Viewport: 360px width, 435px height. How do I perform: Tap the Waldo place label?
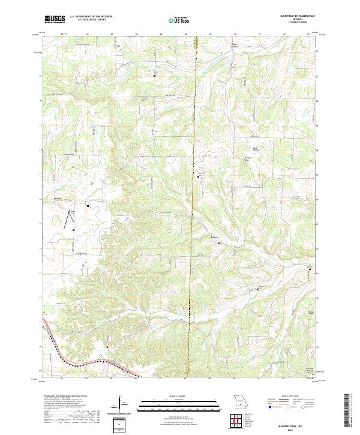coord(58,198)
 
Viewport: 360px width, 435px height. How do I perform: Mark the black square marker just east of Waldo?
coord(88,206)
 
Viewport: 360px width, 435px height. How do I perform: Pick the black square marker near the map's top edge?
coord(154,76)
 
